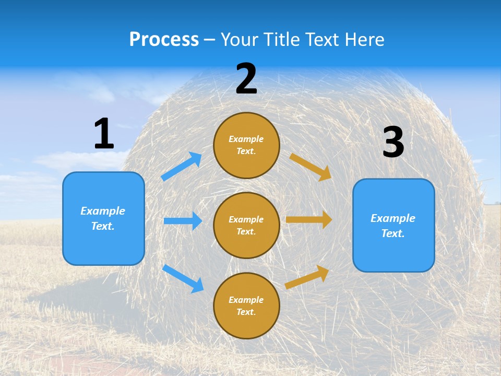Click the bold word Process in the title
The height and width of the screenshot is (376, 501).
(x=164, y=40)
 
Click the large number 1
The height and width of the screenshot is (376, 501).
(x=104, y=134)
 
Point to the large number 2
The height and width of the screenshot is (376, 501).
(x=246, y=79)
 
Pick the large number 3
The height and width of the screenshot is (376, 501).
(x=393, y=142)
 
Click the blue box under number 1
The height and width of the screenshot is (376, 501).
(x=103, y=218)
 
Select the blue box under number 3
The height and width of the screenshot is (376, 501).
(x=393, y=225)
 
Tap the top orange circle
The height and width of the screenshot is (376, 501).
(x=246, y=145)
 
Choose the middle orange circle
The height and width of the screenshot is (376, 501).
(x=246, y=225)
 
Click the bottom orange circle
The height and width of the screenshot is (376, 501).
(x=246, y=305)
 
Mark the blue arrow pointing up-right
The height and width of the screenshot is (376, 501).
(x=182, y=166)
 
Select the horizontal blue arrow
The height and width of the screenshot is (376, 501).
(x=183, y=221)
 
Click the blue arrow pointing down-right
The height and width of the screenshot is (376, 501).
(x=183, y=278)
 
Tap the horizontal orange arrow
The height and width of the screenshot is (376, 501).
(x=309, y=219)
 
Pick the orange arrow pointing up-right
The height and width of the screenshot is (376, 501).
(x=307, y=277)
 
